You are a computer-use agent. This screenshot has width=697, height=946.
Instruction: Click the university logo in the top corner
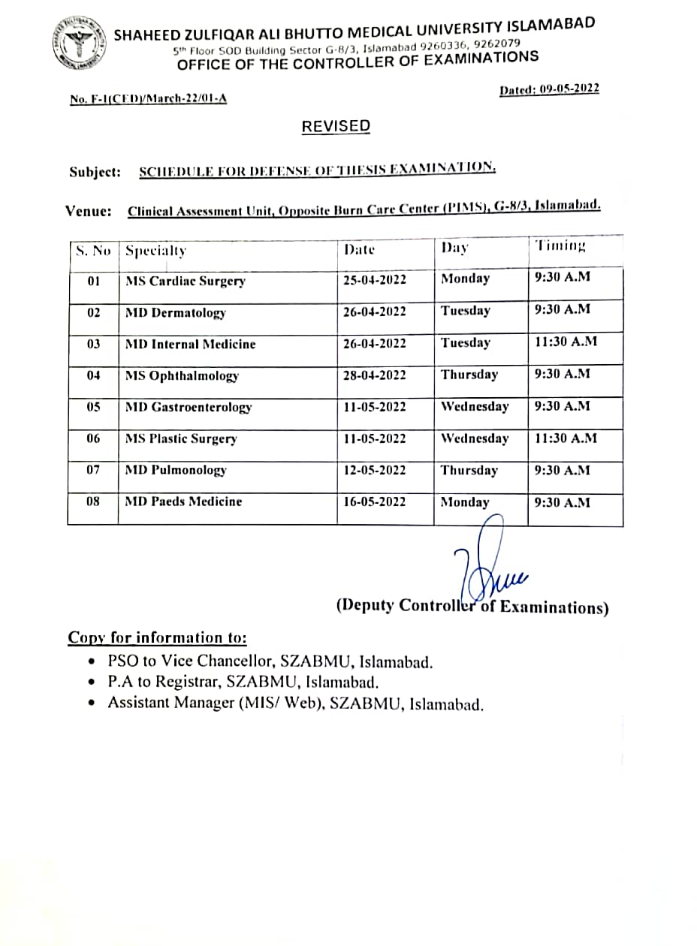79,44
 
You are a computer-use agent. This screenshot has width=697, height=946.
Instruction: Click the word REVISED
336,126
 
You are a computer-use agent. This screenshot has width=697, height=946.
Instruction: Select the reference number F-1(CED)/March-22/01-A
148,98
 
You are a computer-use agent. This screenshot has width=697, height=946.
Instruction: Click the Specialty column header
155,251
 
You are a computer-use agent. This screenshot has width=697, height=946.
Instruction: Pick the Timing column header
560,246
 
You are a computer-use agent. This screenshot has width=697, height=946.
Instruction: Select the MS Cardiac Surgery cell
186,282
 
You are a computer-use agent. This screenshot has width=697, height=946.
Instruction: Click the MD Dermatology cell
176,313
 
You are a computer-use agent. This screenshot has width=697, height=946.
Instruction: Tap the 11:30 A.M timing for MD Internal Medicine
566,342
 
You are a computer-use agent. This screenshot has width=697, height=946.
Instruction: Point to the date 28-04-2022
375,375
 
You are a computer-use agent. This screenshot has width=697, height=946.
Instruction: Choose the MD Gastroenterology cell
189,407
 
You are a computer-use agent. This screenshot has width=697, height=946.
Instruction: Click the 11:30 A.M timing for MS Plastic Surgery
566,438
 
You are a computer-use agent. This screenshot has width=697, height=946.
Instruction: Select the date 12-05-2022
375,470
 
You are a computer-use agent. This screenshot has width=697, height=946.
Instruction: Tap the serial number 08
93,501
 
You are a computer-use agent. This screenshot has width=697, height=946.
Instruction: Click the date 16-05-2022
375,502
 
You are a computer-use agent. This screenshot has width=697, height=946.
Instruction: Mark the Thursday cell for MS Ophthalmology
469,374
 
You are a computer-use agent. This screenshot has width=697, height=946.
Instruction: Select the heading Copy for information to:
157,637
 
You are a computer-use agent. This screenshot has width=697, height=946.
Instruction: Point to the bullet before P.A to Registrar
92,683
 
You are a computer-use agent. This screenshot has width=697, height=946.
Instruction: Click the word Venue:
89,211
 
